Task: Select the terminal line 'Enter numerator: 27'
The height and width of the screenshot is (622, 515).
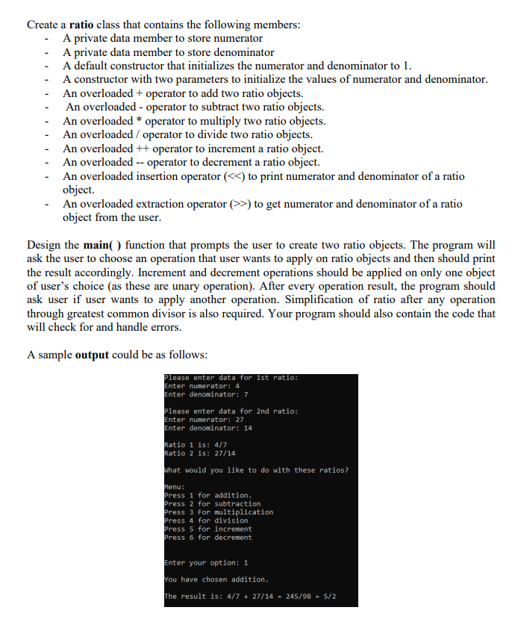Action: pos(204,420)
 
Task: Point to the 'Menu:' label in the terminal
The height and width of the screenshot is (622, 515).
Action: pos(175,487)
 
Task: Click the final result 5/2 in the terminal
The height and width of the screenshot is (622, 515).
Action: pos(328,597)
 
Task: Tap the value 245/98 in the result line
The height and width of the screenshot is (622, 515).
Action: pos(295,597)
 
